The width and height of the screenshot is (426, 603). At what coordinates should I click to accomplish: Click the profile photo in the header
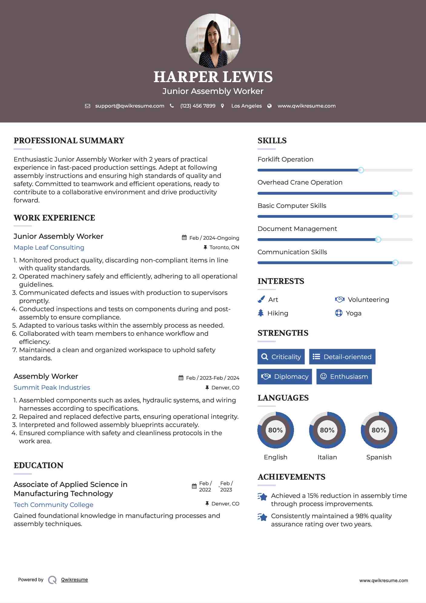(x=213, y=41)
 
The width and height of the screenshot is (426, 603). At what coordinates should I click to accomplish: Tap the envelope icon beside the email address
(x=88, y=106)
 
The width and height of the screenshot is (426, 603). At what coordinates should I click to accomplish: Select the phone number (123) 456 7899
(x=198, y=106)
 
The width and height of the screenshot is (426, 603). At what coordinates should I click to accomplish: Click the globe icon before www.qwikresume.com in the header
(x=269, y=106)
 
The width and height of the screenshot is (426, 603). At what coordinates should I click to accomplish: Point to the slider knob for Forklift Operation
(x=361, y=170)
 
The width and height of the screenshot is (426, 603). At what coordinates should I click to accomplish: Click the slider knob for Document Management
(x=378, y=240)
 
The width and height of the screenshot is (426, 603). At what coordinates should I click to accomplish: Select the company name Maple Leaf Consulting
(x=49, y=248)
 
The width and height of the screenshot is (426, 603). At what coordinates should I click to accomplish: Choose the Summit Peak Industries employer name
(x=52, y=388)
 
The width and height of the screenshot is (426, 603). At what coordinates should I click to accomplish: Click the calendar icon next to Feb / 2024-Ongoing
(x=184, y=238)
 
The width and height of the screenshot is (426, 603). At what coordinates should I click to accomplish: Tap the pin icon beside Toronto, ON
(x=205, y=248)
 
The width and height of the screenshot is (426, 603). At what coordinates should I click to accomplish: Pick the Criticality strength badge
(x=281, y=357)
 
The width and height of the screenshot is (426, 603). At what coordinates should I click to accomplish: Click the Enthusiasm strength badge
(x=344, y=377)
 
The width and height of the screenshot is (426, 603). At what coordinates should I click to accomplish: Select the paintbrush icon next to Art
(x=261, y=300)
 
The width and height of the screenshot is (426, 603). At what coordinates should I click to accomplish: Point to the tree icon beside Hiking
(x=261, y=313)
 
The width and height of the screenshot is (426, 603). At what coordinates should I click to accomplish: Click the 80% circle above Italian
(x=327, y=430)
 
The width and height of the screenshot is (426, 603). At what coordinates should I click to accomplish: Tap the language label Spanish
(x=379, y=457)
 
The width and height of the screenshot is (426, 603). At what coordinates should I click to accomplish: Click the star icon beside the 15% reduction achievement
(x=263, y=497)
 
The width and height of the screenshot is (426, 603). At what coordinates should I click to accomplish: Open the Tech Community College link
(x=54, y=505)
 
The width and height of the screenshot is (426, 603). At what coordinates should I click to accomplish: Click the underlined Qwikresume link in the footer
(x=74, y=580)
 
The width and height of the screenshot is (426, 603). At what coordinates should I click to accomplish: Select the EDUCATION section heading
(x=38, y=465)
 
